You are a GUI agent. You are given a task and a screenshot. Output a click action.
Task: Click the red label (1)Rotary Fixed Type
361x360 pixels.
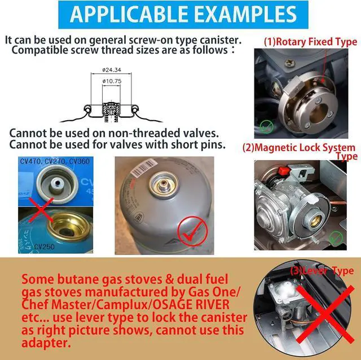310,42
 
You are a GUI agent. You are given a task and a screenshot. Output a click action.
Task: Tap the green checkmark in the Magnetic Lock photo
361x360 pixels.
336,239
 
